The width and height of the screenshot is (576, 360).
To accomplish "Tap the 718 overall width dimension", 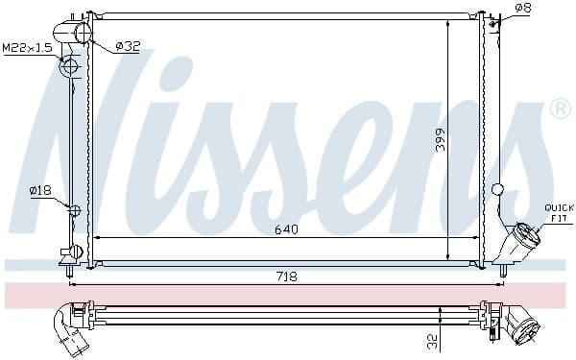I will click(287, 276).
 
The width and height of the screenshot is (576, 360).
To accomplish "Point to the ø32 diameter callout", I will click(129, 45).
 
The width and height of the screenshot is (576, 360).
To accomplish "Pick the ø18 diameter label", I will click(39, 190).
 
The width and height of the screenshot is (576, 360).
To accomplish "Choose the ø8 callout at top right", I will click(522, 9).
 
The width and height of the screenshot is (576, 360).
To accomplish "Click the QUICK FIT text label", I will click(558, 212).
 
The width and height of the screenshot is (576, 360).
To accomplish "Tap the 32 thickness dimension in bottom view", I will click(433, 339).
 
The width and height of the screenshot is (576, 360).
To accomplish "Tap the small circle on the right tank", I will click(496, 189).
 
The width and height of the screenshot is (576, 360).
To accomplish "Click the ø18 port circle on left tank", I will click(74, 207).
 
